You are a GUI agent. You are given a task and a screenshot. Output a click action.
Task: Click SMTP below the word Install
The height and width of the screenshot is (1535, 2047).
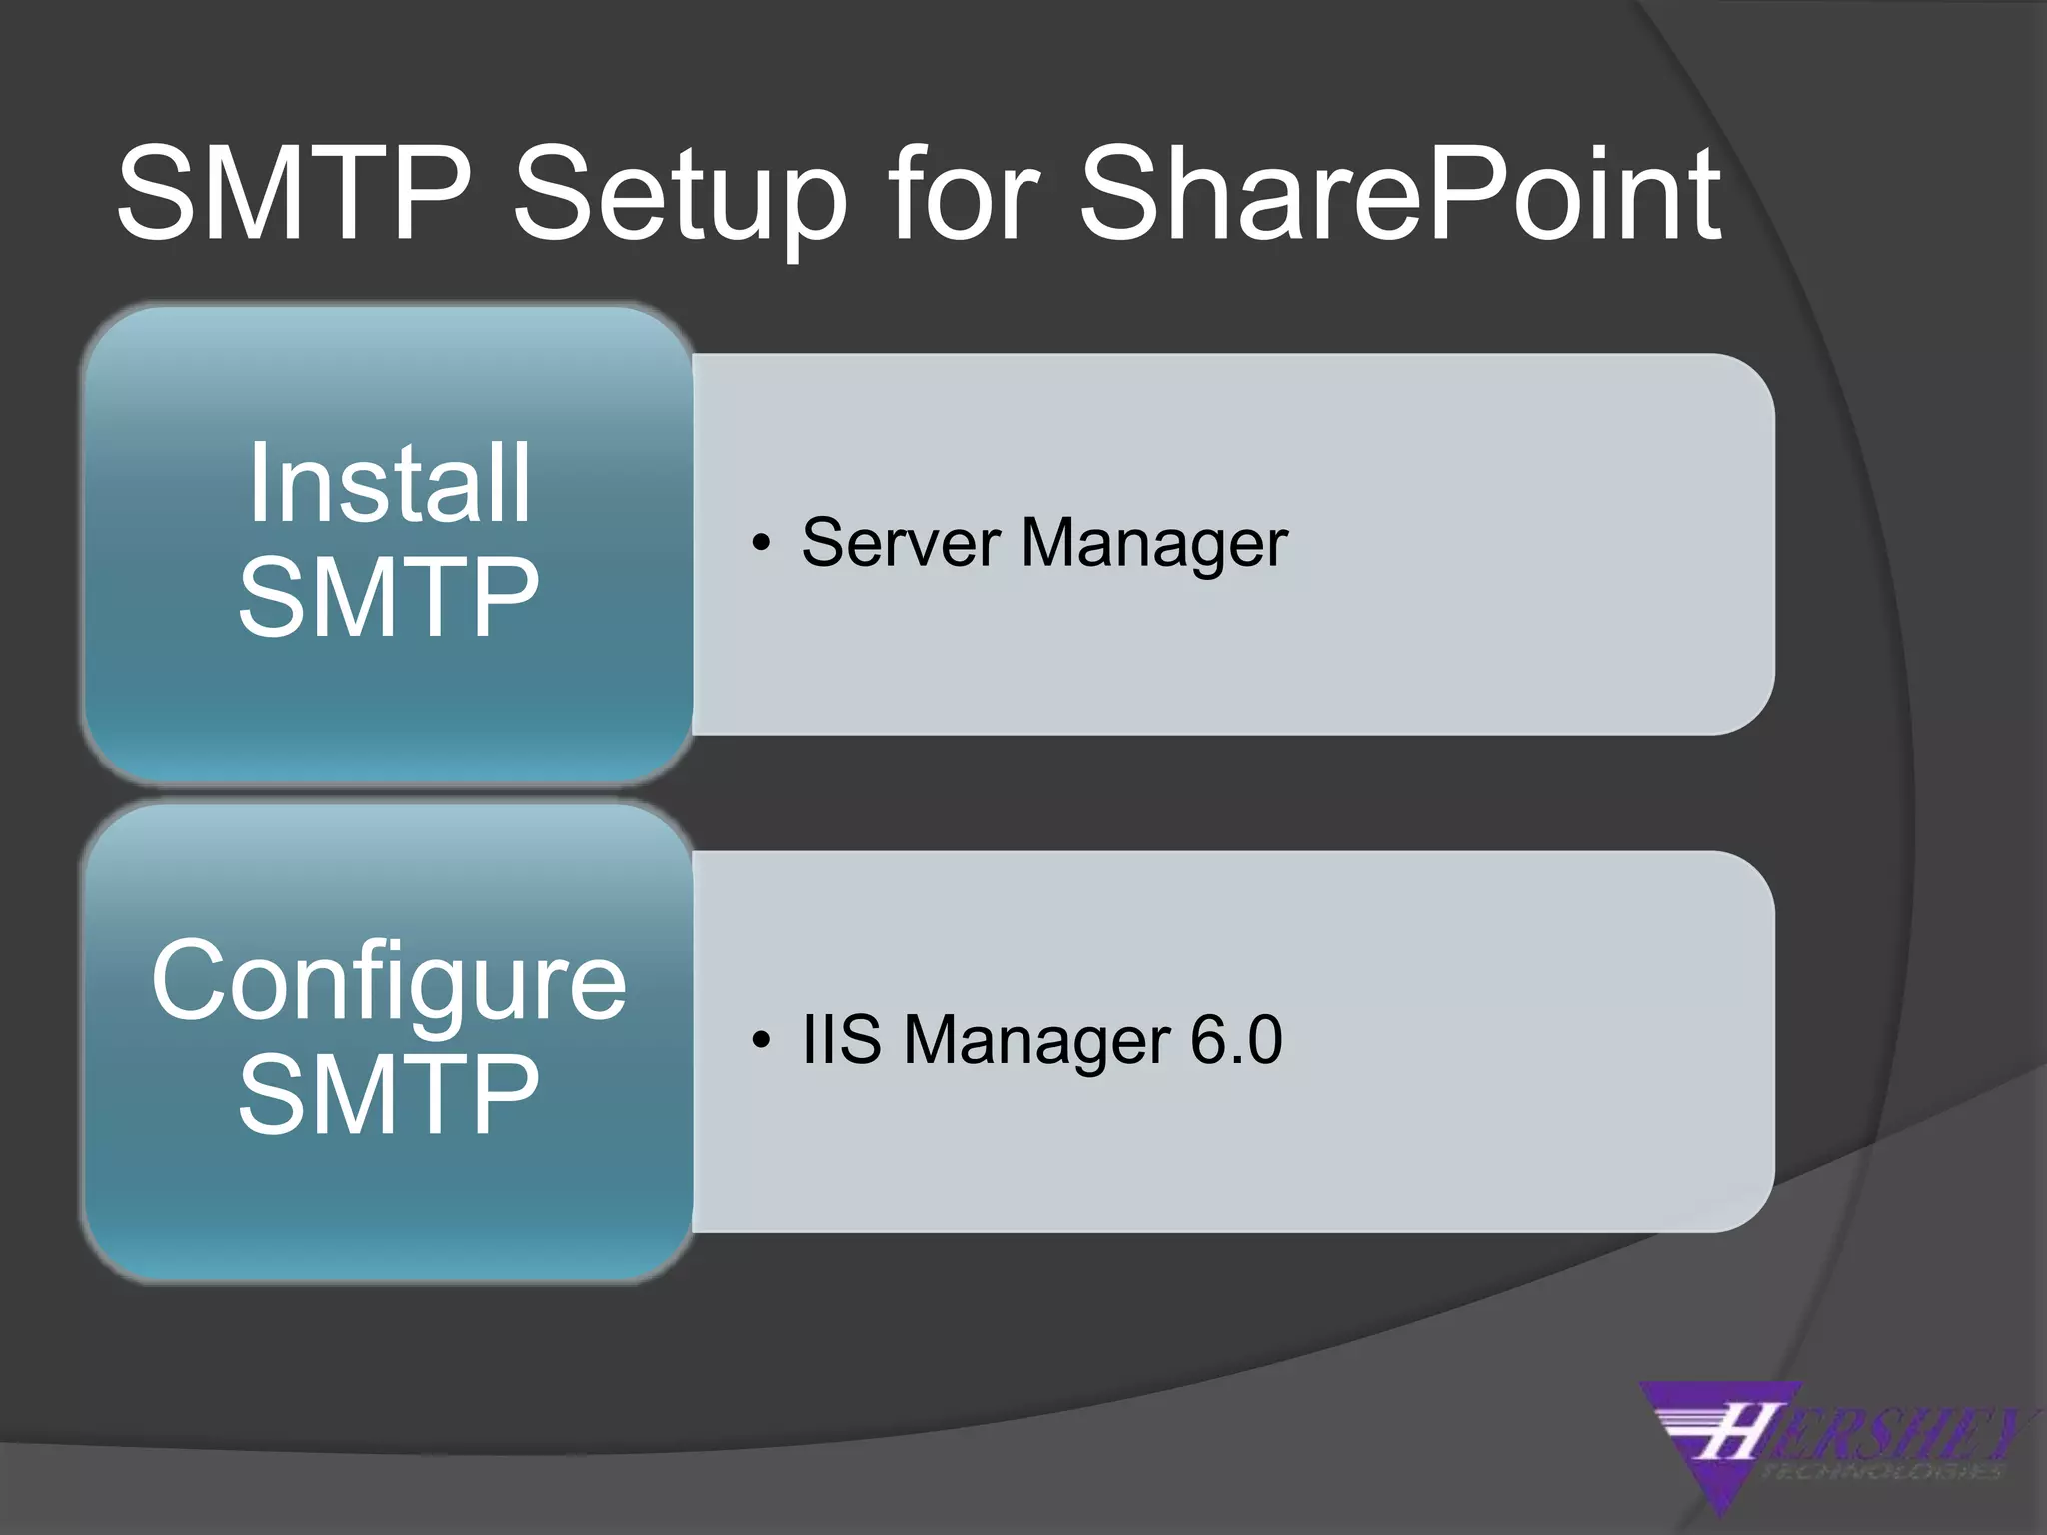[389, 597]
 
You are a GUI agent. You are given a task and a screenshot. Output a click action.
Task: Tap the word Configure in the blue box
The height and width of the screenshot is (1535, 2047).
[389, 981]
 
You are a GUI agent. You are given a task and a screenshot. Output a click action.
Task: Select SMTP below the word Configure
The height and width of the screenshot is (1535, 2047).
[389, 1095]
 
